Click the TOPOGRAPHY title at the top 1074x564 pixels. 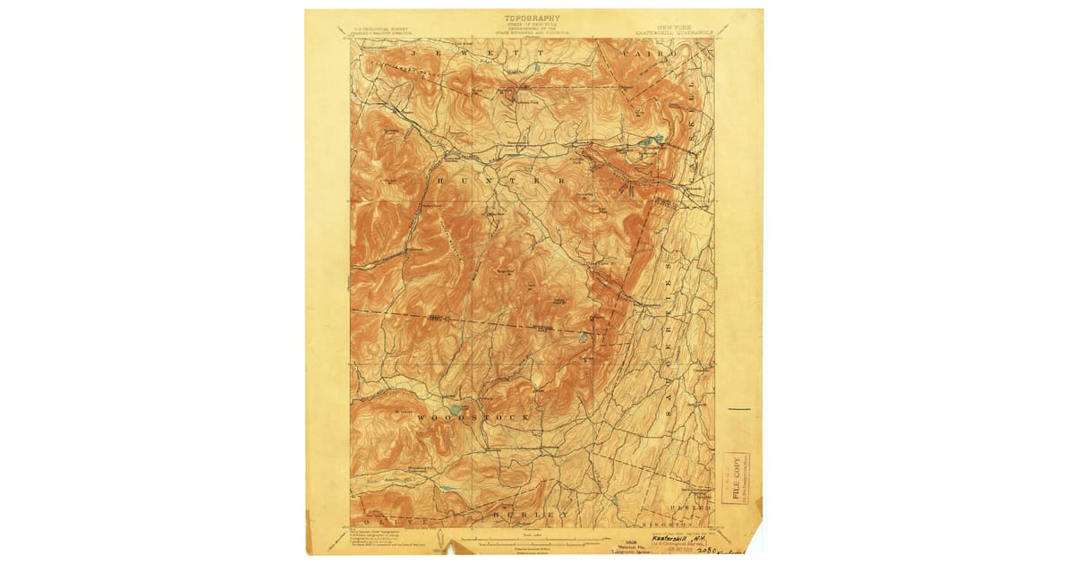[532, 18]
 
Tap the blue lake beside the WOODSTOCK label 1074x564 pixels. [456, 408]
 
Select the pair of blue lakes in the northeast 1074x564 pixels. [652, 141]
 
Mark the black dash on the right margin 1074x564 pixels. [738, 408]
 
